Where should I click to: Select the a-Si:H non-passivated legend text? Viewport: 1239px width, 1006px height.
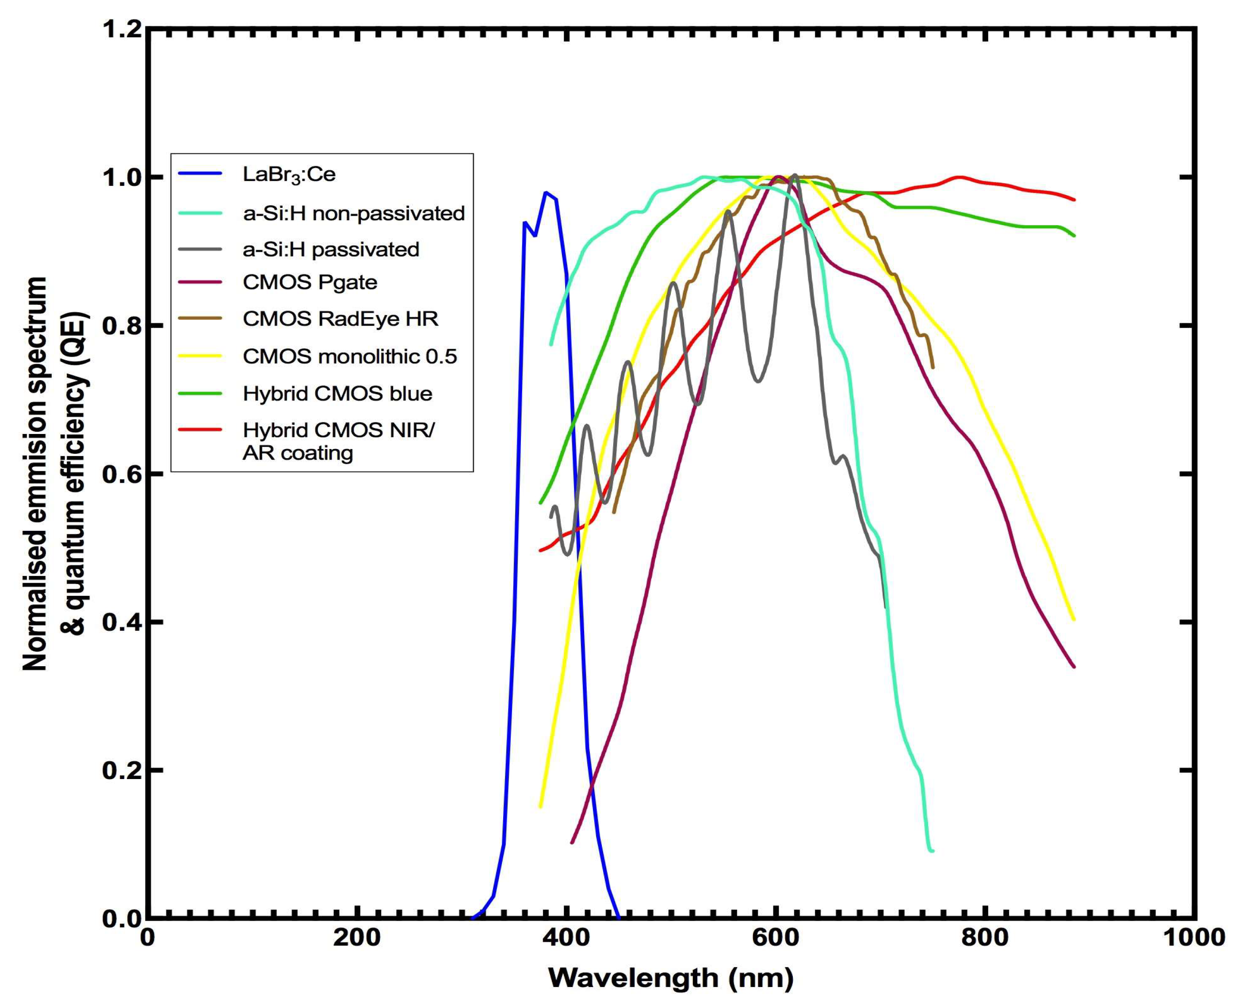point(353,213)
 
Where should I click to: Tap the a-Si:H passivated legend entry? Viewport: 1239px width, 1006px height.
point(330,249)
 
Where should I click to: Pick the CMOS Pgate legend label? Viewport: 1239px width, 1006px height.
point(310,282)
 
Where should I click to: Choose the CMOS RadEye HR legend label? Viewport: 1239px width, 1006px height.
point(340,319)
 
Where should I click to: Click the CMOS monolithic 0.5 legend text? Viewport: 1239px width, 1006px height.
point(349,356)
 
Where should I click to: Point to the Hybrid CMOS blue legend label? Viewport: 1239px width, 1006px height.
point(337,393)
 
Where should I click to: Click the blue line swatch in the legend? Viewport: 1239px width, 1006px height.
point(200,174)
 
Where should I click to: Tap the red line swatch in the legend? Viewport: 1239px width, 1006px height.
point(200,430)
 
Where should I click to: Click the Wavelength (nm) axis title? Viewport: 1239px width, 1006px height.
point(670,979)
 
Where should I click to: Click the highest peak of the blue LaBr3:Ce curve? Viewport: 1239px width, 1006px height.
point(546,192)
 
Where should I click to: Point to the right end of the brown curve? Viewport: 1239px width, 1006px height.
point(933,367)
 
